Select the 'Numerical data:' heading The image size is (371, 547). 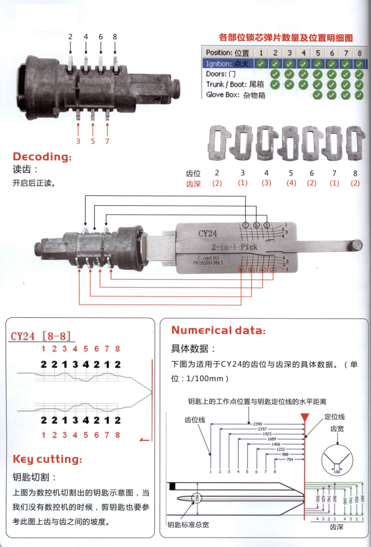click(x=218, y=330)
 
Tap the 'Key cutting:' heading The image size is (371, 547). click(x=47, y=459)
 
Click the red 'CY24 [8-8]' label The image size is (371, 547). click(x=42, y=336)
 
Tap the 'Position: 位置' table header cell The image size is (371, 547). click(x=227, y=53)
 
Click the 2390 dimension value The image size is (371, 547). click(x=257, y=423)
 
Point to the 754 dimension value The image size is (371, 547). click(x=289, y=459)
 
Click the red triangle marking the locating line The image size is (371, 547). click(x=304, y=416)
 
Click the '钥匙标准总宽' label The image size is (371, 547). click(x=189, y=524)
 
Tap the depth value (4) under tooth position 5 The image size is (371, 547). click(x=291, y=184)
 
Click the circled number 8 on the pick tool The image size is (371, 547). click(x=240, y=270)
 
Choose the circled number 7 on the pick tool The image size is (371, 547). click(x=246, y=225)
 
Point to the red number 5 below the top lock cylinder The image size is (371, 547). click(x=93, y=141)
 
